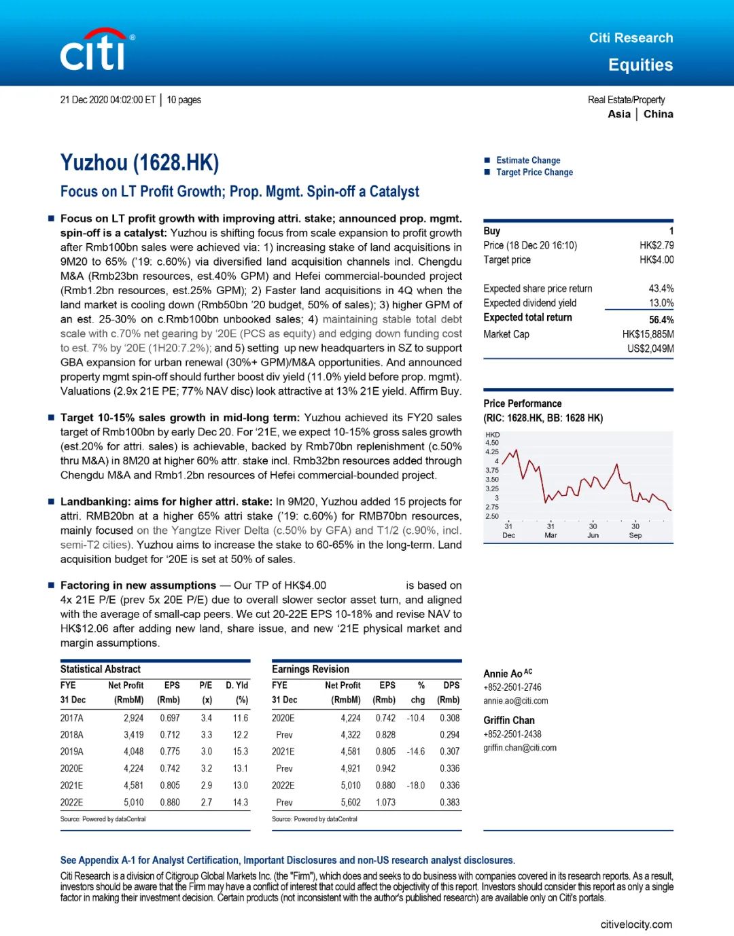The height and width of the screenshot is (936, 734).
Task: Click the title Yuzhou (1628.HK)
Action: (139, 163)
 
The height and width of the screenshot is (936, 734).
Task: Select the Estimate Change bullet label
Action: (528, 160)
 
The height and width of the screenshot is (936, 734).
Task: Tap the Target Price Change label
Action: (534, 173)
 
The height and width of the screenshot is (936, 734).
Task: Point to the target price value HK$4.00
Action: (657, 259)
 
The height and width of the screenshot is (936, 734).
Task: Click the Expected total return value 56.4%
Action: (661, 319)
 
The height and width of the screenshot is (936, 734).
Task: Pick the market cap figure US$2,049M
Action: (650, 348)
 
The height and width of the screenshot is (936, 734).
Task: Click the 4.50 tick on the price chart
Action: (492, 443)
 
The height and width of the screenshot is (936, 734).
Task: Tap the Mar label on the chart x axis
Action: (550, 535)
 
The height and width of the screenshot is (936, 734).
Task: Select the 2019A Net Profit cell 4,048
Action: (133, 751)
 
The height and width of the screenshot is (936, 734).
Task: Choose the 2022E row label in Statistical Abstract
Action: (71, 802)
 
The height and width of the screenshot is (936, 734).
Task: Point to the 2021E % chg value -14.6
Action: (415, 751)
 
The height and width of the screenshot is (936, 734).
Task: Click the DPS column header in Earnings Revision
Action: (451, 685)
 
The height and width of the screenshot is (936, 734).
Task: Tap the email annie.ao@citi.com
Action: (515, 701)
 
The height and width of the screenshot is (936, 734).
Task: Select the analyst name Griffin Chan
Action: (509, 720)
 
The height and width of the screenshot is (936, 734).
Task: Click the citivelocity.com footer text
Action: (636, 924)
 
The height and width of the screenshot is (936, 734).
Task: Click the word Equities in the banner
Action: (640, 65)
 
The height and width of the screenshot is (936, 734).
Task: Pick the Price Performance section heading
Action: (522, 403)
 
